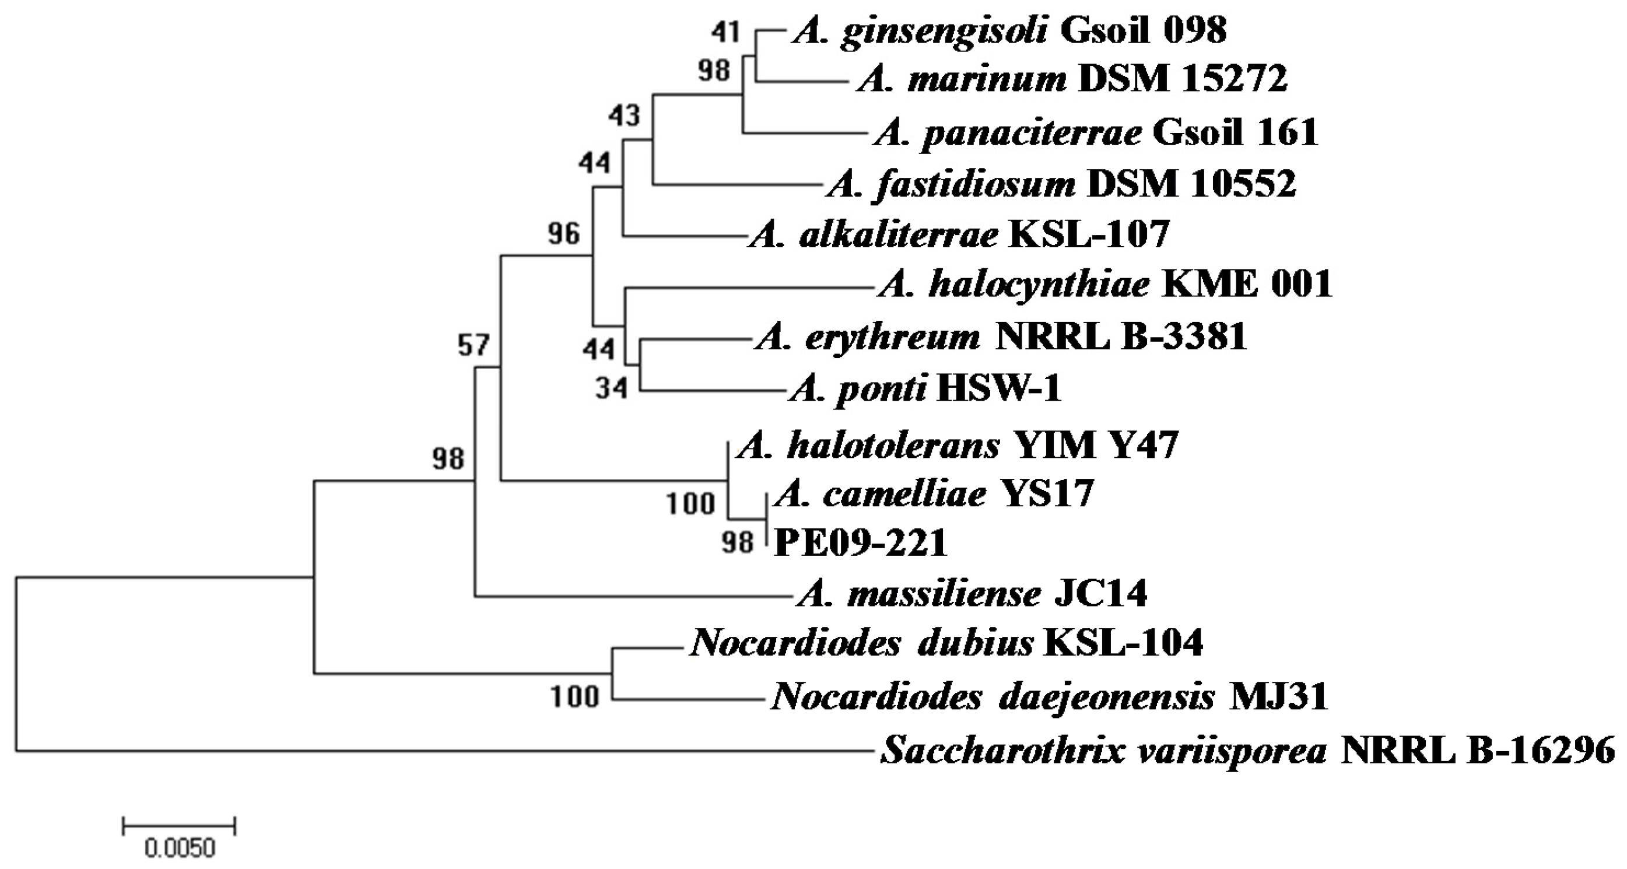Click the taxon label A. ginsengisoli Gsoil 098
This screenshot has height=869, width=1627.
pyautogui.click(x=1009, y=30)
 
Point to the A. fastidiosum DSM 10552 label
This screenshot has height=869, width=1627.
pyautogui.click(x=1060, y=185)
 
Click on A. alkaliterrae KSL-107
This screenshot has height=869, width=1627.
pyautogui.click(x=958, y=236)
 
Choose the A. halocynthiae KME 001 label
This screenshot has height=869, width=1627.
pyautogui.click(x=1104, y=285)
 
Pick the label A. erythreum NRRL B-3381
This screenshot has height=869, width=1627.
pyautogui.click(x=1001, y=337)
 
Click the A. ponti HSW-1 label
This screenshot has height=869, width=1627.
pyautogui.click(x=925, y=388)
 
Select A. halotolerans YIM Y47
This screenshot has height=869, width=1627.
pyautogui.click(x=958, y=446)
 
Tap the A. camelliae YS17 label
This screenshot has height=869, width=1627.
pyautogui.click(x=934, y=494)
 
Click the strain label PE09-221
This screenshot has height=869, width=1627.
pyautogui.click(x=861, y=543)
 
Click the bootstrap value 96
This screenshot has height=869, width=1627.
pyautogui.click(x=563, y=234)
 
